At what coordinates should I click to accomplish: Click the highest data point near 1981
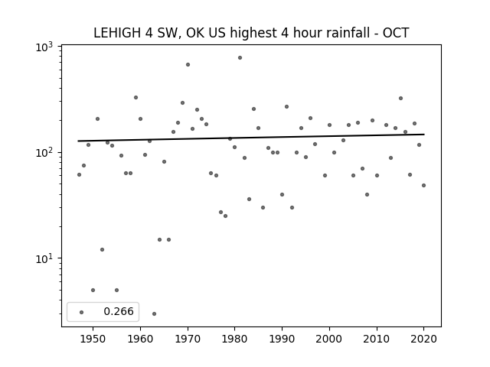(240, 58)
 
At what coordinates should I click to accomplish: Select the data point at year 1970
(188, 64)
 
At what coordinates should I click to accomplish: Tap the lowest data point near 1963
(154, 314)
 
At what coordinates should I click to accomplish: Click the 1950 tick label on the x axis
(93, 339)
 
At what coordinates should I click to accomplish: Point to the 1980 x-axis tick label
(234, 339)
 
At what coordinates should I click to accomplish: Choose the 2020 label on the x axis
(423, 339)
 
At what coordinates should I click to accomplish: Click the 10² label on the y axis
(44, 153)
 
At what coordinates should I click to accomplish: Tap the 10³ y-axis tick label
(44, 47)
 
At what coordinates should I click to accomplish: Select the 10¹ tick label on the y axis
(44, 258)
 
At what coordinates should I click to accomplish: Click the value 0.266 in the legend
(119, 311)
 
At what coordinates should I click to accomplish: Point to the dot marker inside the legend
(82, 313)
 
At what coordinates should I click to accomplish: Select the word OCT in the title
(396, 33)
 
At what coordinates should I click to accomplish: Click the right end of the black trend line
(424, 135)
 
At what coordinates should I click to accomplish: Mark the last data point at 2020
(423, 185)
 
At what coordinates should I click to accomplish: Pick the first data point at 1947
(79, 175)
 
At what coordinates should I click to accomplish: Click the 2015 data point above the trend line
(400, 99)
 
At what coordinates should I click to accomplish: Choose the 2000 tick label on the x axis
(328, 339)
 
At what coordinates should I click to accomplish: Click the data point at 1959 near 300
(136, 98)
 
